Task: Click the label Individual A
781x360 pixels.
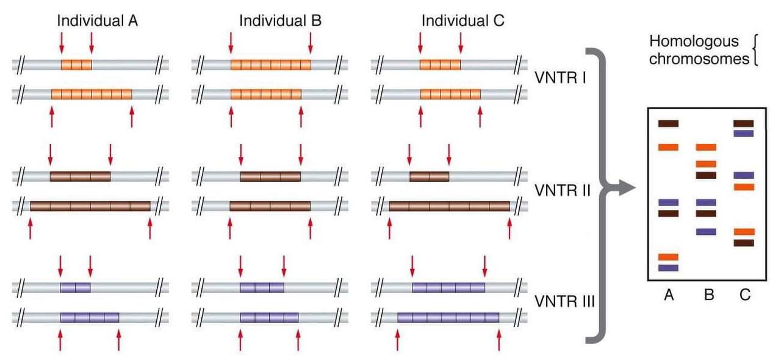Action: pos(97,20)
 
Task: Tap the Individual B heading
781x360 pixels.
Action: pos(280,20)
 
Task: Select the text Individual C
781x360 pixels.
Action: pos(463,20)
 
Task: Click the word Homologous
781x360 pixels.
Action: pos(693,41)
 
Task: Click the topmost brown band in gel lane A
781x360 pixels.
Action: pos(668,124)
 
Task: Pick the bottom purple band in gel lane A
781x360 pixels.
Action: pos(668,267)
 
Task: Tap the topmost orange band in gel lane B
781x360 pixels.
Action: pos(706,147)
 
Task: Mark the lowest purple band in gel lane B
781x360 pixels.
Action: pos(706,232)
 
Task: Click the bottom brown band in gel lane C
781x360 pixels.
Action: pos(744,243)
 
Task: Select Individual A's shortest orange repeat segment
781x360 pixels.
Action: pos(76,64)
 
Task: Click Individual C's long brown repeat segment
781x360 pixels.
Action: pos(449,206)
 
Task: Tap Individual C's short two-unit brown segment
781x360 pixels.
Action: pos(429,177)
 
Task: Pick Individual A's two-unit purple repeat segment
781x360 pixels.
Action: pos(75,287)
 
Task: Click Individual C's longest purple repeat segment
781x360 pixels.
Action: pos(448,317)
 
